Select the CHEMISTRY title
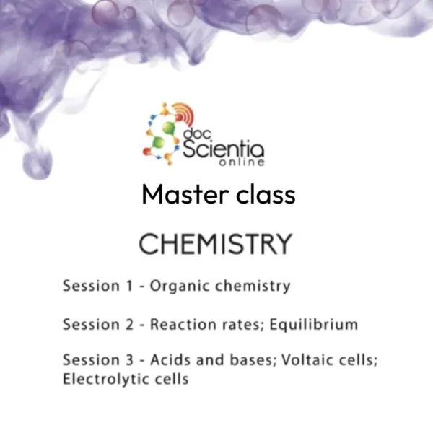215,244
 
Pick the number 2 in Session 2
130,324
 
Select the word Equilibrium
314,324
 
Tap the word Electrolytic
101,379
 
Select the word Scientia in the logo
223,150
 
